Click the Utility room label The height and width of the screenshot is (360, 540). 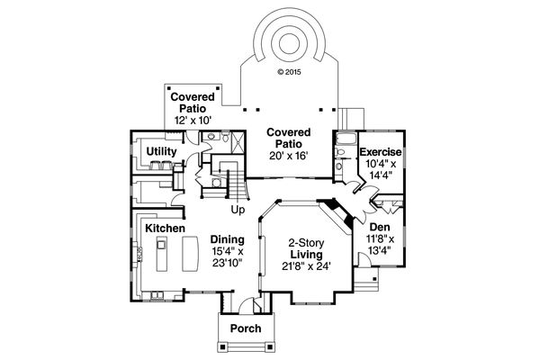pyautogui.click(x=161, y=151)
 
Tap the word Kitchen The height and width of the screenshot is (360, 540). pyautogui.click(x=165, y=229)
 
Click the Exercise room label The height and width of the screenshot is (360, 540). pyautogui.click(x=381, y=153)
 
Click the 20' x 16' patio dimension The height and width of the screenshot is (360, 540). pyautogui.click(x=287, y=155)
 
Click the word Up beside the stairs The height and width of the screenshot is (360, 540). pyautogui.click(x=238, y=210)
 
